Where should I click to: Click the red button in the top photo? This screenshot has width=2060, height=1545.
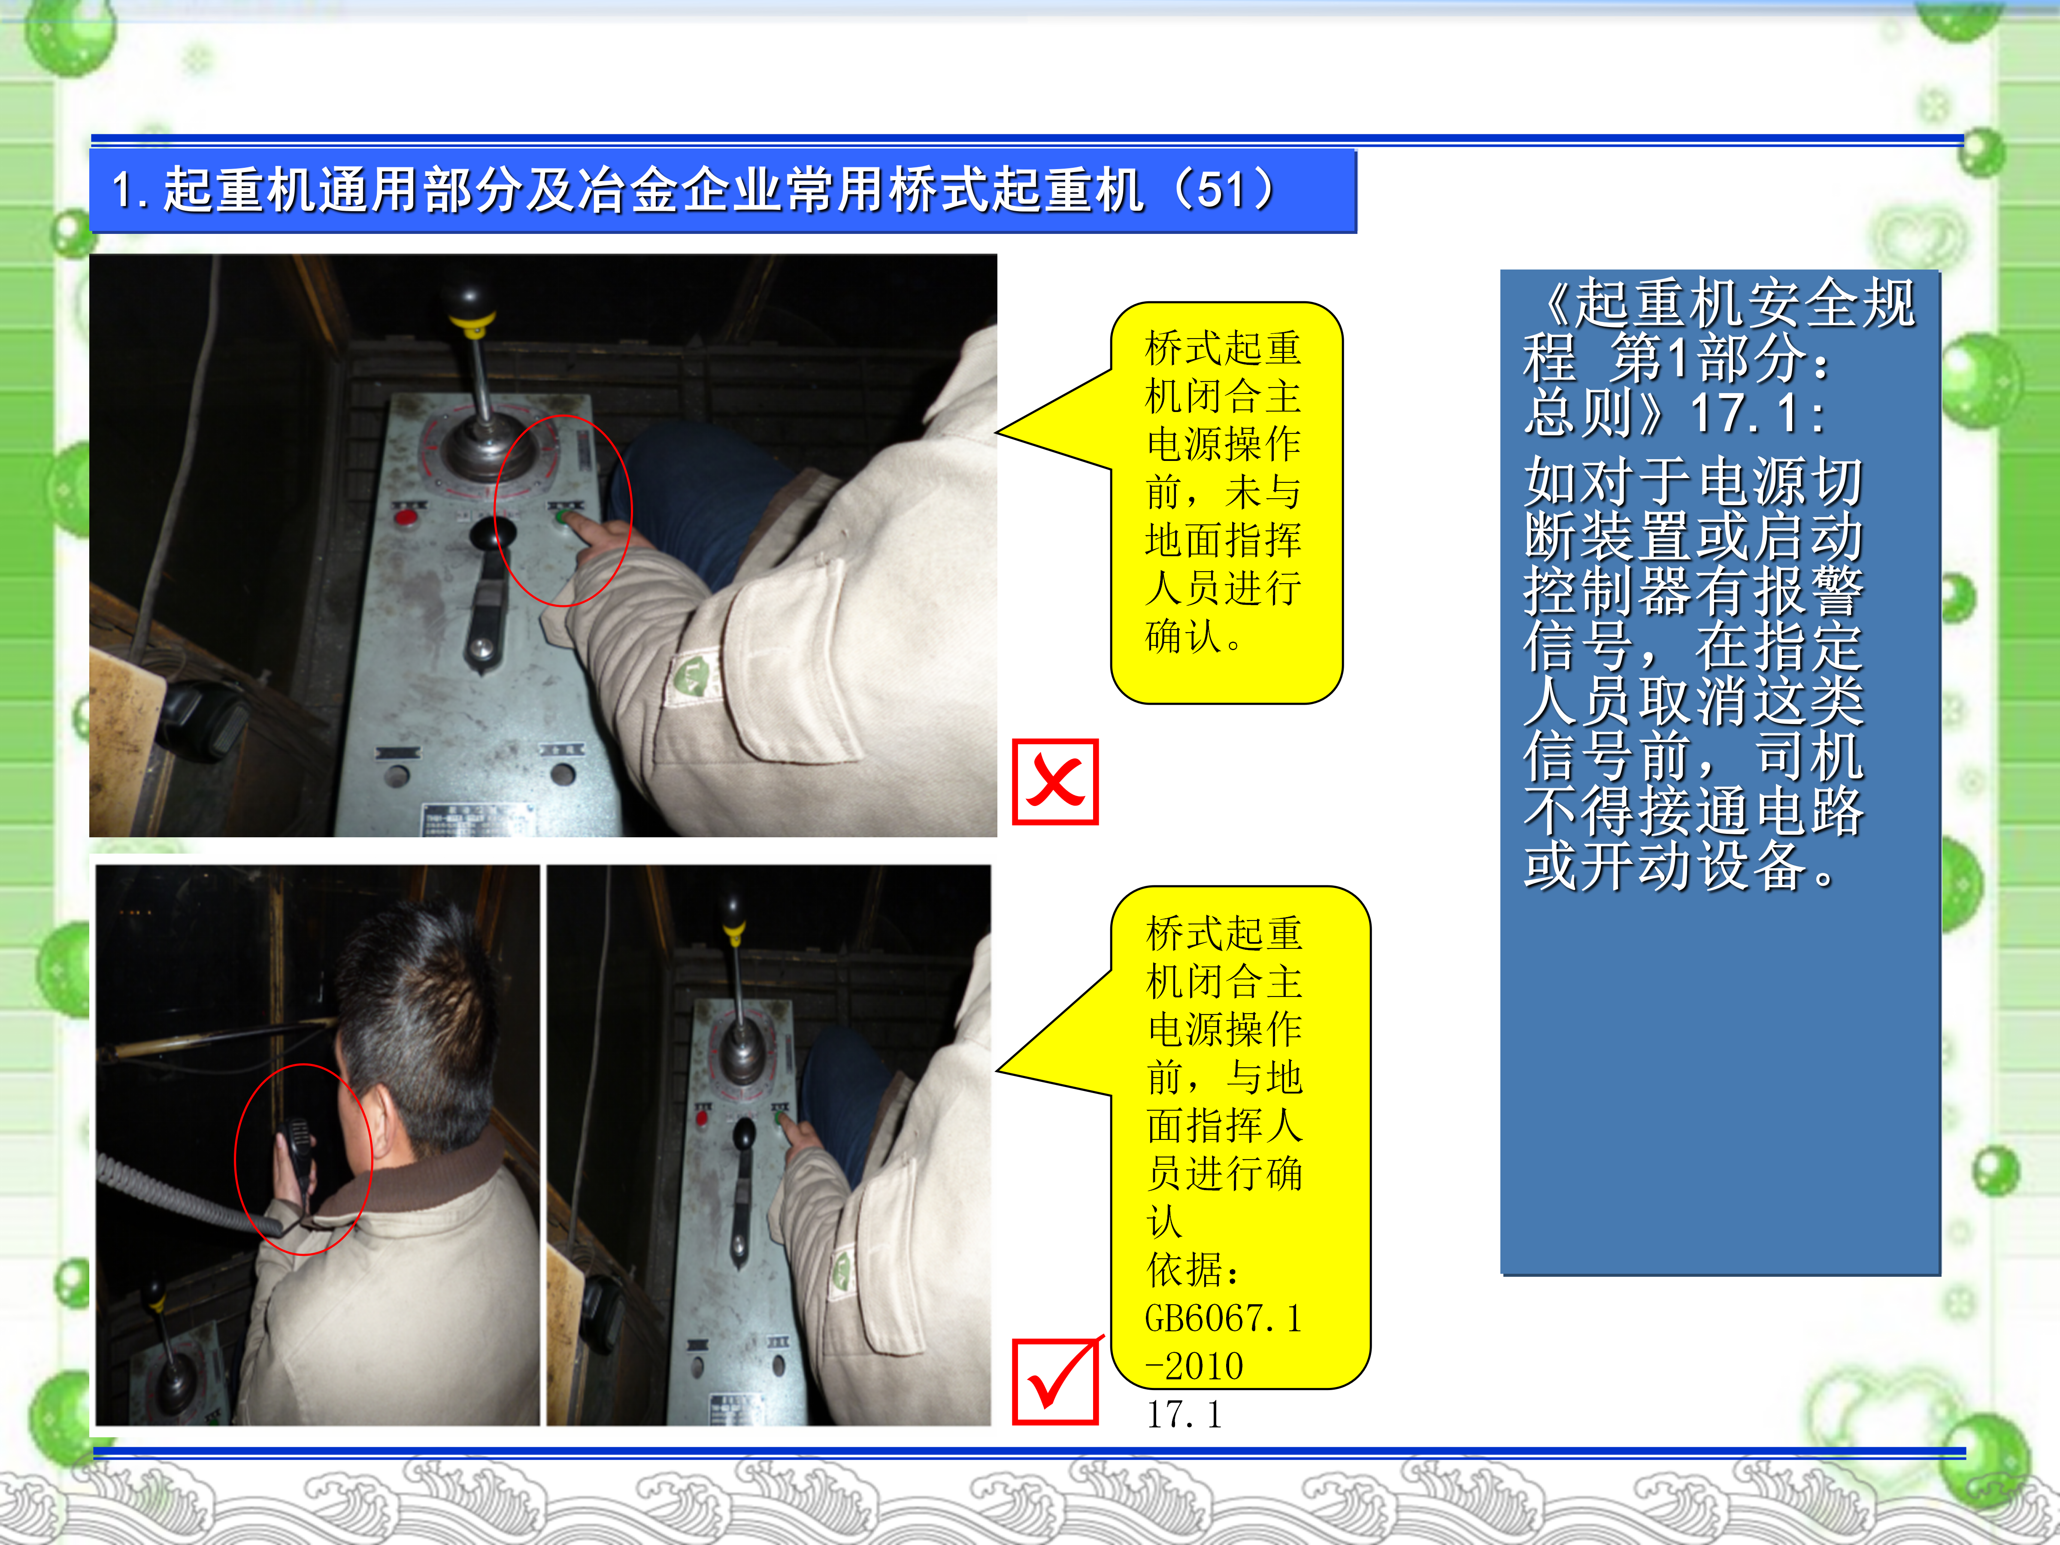tap(406, 517)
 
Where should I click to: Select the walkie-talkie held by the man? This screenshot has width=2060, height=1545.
tap(296, 1160)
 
